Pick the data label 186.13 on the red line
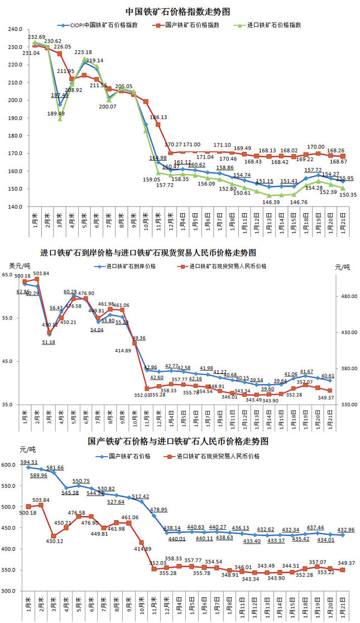[x=159, y=118]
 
